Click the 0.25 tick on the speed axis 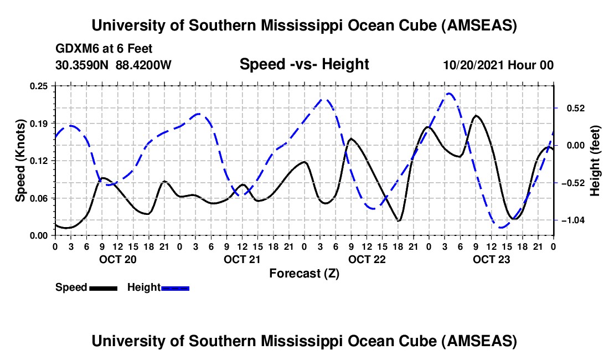click(40, 86)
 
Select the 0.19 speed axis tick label click(40, 123)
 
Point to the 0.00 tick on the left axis click(40, 235)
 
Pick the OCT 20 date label click(117, 259)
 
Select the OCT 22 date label click(367, 259)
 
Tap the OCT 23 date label click(491, 259)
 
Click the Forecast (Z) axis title click(304, 273)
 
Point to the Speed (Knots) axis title click(20, 161)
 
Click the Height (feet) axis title click(596, 161)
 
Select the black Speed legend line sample click(103, 287)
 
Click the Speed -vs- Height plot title click(304, 64)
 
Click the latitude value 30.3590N click(82, 65)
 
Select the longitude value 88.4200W click(144, 65)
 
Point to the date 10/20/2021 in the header click(471, 65)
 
